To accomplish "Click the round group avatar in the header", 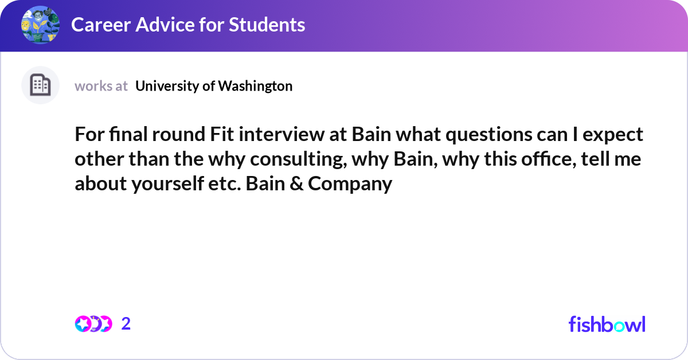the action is click(x=40, y=25).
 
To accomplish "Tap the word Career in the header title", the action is click(x=101, y=25).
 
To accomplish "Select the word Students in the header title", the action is click(x=267, y=25).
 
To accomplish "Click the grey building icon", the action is click(x=40, y=85).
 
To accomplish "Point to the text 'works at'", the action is click(x=101, y=86).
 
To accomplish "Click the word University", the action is click(x=167, y=86).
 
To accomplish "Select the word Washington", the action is click(x=255, y=86).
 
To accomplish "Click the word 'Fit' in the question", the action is click(x=222, y=134).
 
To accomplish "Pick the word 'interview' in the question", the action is click(x=282, y=134).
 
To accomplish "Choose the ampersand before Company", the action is click(x=296, y=183).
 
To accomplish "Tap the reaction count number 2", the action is click(x=126, y=324).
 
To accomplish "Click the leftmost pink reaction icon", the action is click(x=83, y=324).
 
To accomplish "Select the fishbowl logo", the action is click(x=607, y=324).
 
